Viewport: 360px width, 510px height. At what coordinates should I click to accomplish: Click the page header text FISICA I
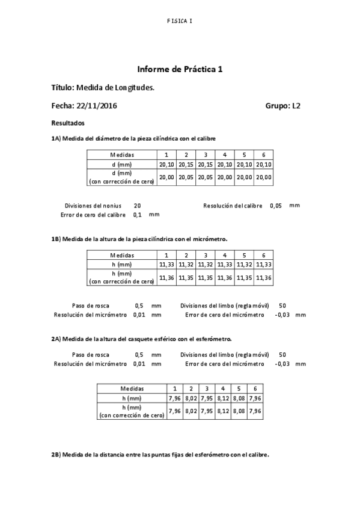tap(180, 21)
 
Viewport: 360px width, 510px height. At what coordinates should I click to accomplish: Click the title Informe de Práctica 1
tap(180, 69)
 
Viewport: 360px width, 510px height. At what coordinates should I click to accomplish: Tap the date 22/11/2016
tap(96, 106)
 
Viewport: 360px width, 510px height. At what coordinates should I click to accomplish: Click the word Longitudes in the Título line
tap(135, 88)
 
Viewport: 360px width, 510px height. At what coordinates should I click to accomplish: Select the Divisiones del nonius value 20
tap(137, 205)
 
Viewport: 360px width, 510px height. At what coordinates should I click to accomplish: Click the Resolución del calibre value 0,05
tap(276, 205)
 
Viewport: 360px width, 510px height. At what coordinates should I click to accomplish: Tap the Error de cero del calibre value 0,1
tap(137, 214)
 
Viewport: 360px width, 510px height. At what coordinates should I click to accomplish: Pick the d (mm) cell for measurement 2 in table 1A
tap(186, 164)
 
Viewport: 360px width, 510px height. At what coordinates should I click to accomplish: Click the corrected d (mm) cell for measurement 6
tap(263, 177)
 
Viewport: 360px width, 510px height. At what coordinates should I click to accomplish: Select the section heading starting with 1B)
tap(139, 239)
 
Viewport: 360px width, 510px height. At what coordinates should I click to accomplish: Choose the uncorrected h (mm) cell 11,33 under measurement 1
tap(166, 264)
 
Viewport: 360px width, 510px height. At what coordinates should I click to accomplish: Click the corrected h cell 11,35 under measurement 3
tap(206, 277)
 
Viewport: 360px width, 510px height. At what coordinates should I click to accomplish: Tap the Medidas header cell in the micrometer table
tap(122, 255)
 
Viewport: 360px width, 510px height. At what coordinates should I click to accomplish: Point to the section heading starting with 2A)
tap(141, 339)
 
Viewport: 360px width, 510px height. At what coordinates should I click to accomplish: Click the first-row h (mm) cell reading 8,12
tap(223, 398)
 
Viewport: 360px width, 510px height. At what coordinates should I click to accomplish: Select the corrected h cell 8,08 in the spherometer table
tap(239, 411)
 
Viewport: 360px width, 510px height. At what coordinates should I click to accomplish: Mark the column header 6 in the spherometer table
tap(255, 389)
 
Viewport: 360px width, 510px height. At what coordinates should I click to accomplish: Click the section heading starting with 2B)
tap(160, 455)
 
